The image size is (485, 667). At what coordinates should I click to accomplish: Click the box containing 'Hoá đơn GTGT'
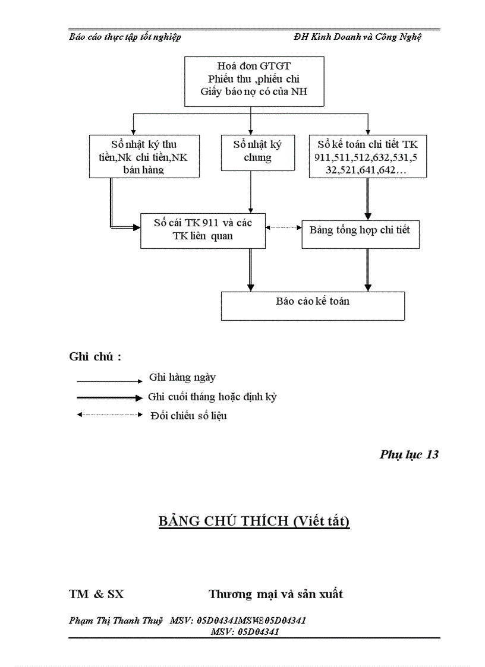point(254,81)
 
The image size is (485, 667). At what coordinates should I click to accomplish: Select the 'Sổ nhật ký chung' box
point(257,152)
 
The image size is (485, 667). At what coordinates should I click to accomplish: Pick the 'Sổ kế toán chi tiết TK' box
point(367,156)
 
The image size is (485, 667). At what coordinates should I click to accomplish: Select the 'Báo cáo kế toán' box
point(313,305)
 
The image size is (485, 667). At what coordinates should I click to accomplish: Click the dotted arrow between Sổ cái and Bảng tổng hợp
point(284,227)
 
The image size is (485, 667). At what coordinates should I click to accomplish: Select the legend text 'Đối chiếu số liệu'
point(188,416)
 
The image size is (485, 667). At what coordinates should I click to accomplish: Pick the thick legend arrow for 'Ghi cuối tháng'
point(109,397)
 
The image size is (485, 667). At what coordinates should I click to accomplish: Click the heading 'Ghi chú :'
point(95,357)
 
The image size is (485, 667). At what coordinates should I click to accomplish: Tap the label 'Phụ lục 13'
point(409,455)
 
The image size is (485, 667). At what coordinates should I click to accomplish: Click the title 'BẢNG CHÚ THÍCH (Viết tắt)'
point(254,521)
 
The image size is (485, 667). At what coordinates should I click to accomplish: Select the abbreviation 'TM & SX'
point(96,594)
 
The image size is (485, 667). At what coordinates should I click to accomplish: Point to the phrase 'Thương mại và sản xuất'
point(276,594)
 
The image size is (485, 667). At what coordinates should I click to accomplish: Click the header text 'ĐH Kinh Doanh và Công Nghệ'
point(357,37)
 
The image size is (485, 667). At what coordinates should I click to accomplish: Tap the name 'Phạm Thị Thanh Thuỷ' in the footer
point(116,621)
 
